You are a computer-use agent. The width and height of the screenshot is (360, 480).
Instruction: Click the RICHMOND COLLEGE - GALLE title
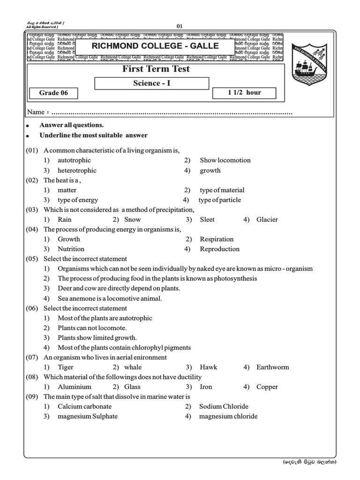[155, 46]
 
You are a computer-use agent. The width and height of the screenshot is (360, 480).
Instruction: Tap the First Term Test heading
[156, 69]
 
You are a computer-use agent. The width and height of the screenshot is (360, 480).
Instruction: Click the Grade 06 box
[53, 93]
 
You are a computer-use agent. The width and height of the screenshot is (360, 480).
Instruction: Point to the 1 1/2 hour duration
[244, 92]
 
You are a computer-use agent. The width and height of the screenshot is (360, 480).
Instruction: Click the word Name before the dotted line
[36, 112]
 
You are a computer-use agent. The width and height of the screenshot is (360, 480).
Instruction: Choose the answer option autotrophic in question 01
[74, 160]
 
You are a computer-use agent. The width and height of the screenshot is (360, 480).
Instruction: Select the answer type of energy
[78, 200]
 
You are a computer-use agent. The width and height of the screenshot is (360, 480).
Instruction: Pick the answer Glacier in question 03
[267, 219]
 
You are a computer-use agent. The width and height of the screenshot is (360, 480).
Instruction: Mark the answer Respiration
[217, 239]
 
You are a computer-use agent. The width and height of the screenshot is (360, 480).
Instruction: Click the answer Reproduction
[219, 249]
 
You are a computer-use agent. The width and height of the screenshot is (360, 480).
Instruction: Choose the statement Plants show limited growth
[97, 337]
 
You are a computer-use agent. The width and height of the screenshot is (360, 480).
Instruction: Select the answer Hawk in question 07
[209, 367]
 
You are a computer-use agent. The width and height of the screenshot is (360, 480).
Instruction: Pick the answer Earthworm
[273, 367]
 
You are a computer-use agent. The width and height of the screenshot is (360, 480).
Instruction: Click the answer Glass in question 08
[132, 387]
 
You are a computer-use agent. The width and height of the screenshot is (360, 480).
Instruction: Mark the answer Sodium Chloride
[224, 406]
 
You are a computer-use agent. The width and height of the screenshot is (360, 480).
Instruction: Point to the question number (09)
[32, 397]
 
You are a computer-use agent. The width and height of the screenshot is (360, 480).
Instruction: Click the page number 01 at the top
[180, 26]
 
